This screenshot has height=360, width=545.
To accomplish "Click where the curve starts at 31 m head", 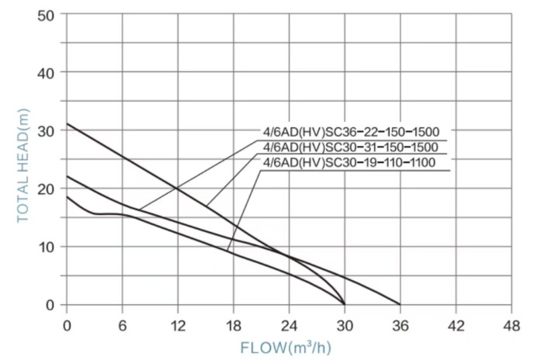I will coord(67,124).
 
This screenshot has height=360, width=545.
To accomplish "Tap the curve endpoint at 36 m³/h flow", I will coord(400,304).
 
